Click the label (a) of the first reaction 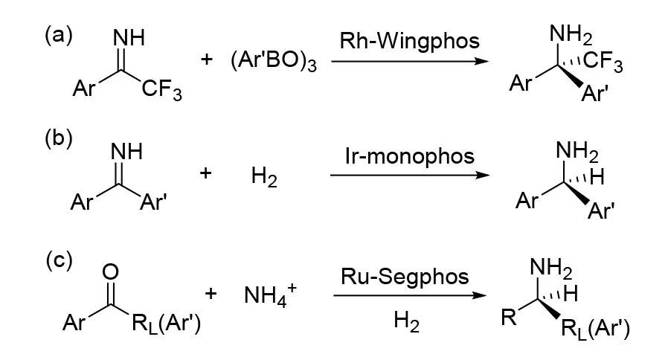point(58,36)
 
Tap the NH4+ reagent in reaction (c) point(267,296)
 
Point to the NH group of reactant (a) point(128,36)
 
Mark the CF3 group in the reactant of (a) point(159,91)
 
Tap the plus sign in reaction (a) point(208,60)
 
